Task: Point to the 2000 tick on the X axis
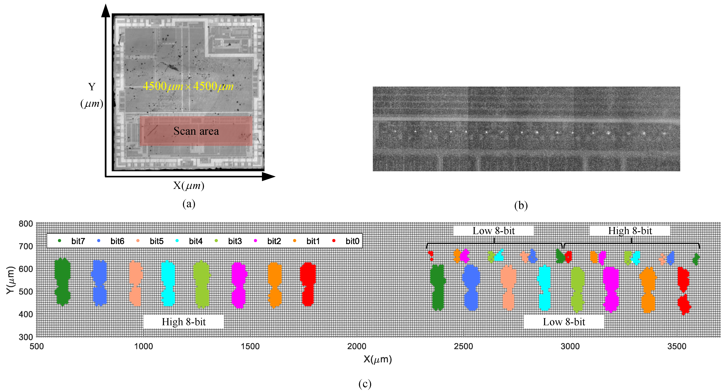[x=357, y=346]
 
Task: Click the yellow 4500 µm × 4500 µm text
[x=188, y=86]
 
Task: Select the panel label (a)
[x=189, y=204]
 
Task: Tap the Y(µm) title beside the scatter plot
[x=11, y=280]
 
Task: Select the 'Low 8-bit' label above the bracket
[x=493, y=231]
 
